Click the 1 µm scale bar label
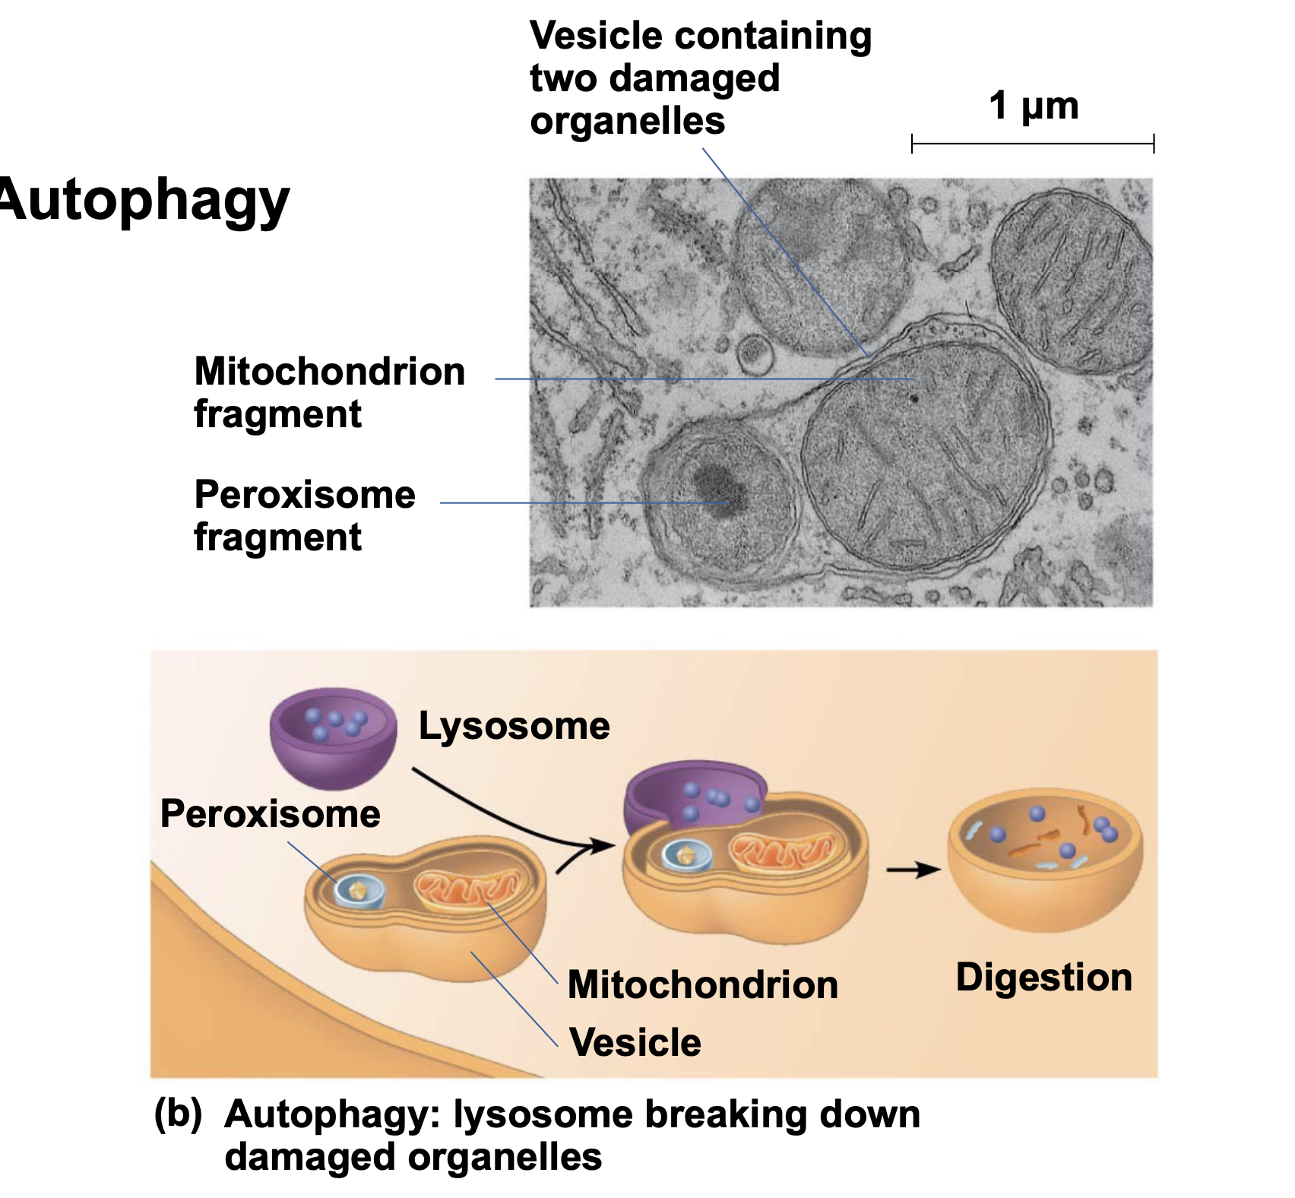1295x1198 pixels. click(1033, 106)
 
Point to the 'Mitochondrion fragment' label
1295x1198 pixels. click(329, 392)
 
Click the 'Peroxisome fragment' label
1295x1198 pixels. click(305, 515)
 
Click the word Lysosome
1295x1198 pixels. click(514, 726)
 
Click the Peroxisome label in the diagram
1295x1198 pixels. click(270, 814)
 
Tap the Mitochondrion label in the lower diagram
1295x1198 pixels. click(702, 985)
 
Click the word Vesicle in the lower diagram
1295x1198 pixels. click(635, 1042)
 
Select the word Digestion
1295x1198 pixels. click(1043, 978)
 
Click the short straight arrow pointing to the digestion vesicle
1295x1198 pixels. click(912, 869)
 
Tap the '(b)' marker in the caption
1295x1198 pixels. click(178, 1113)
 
